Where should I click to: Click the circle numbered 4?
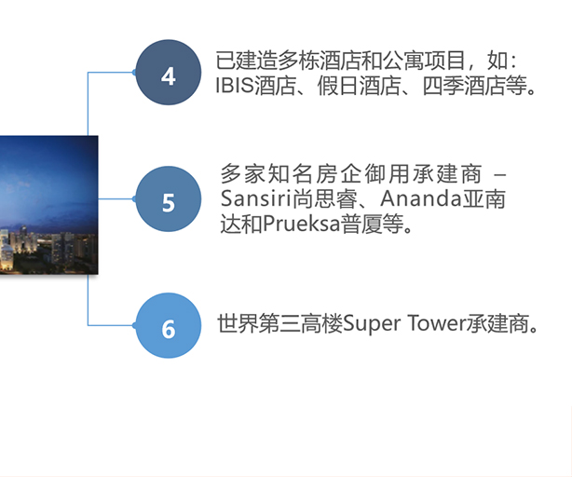(x=169, y=73)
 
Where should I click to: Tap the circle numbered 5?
(x=169, y=199)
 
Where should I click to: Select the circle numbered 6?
(x=169, y=326)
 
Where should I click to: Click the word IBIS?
(x=235, y=86)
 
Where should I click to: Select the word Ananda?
(x=421, y=198)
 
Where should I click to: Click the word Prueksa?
(x=301, y=224)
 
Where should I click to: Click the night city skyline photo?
(x=48, y=205)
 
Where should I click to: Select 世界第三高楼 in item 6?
(x=279, y=324)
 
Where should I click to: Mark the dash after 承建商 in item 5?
(x=499, y=175)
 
